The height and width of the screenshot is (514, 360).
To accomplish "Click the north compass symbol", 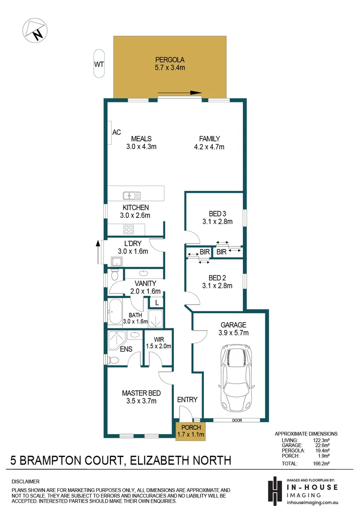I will (34, 30).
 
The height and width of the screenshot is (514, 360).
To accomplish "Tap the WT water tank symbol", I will (99, 64).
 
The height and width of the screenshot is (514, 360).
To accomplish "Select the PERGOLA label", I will (170, 60).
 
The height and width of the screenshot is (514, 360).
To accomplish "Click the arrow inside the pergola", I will (179, 93).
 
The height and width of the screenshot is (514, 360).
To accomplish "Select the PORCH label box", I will (190, 431).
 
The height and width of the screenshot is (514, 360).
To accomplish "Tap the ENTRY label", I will (187, 400).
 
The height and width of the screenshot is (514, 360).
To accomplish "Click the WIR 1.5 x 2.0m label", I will (159, 343).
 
